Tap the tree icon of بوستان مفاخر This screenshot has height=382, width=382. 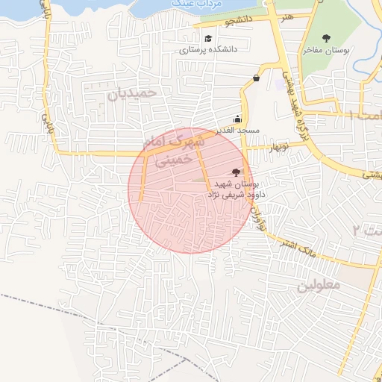325,38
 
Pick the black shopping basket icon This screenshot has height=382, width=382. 257,78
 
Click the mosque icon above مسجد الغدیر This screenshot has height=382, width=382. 237,119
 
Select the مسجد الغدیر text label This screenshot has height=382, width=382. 237,130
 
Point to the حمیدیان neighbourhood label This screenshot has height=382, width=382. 133,94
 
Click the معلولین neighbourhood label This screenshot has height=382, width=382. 319,284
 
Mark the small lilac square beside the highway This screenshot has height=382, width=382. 280,84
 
